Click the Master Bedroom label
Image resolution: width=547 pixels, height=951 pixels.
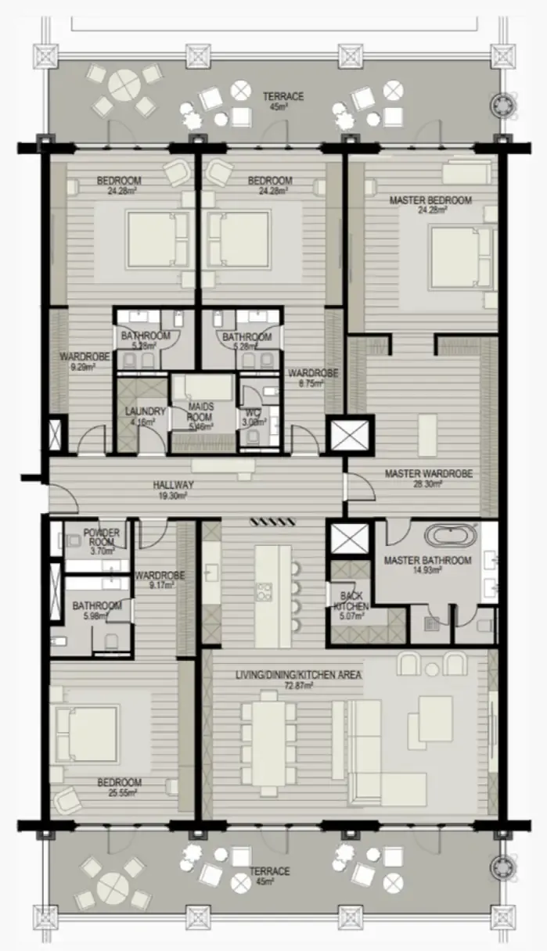[x=430, y=200]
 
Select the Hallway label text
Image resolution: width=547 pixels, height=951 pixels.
[x=173, y=485]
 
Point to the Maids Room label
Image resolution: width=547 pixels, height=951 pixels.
[x=202, y=407]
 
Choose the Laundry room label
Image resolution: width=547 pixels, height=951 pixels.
[x=145, y=411]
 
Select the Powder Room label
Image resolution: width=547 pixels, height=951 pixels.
[x=101, y=537]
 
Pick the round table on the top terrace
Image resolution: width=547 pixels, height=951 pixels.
[x=124, y=85]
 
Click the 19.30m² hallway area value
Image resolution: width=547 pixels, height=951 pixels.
[x=173, y=494]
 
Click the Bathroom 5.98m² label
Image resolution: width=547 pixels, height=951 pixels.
[x=96, y=605]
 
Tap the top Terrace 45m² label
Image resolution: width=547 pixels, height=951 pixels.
[x=282, y=97]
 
